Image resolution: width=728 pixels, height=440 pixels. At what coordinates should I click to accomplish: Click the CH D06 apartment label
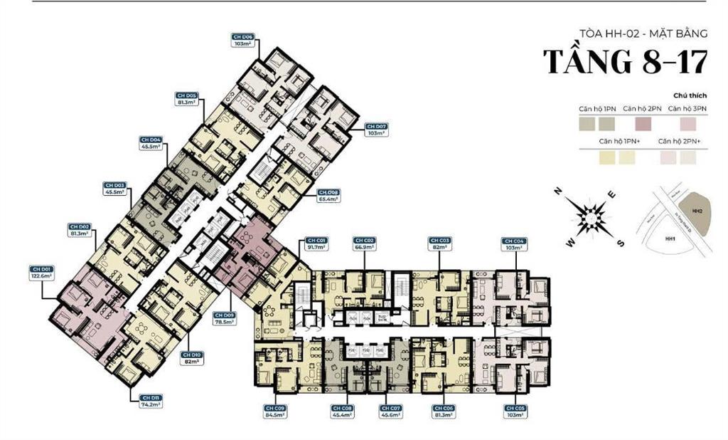point(243,40)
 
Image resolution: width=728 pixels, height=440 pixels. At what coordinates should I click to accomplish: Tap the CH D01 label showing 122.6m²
point(42,273)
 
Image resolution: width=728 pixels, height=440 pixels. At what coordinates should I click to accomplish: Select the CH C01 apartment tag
point(316,244)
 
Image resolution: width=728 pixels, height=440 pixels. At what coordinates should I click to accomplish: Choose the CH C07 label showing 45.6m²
point(392,411)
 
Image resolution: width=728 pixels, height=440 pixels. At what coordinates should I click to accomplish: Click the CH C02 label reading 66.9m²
point(365,244)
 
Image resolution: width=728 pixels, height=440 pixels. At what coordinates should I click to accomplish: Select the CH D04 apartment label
point(151,142)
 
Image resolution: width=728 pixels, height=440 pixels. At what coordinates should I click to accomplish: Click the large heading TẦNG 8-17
point(626,62)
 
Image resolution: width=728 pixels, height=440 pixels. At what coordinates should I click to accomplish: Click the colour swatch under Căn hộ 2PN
point(643,124)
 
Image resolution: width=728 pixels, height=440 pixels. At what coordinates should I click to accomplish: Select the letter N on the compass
point(559,191)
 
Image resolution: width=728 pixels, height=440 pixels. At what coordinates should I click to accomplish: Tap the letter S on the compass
point(620,243)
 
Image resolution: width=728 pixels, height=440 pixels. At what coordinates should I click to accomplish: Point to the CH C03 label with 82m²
point(439,244)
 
